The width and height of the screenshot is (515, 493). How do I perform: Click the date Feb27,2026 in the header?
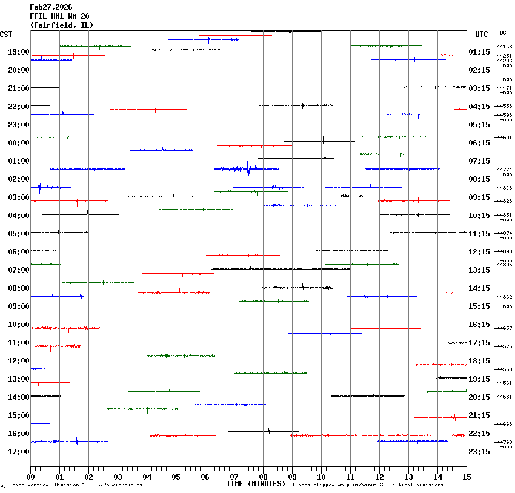(x=51, y=7)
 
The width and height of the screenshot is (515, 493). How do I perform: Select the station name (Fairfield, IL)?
(x=62, y=25)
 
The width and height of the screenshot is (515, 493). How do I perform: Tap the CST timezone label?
(x=7, y=35)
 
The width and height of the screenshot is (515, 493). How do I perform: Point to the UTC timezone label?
(x=482, y=35)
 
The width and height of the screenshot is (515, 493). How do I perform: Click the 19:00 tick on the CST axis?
(x=19, y=52)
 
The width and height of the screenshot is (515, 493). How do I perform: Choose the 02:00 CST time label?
(x=19, y=179)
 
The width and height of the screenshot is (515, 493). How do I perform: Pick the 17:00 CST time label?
(x=19, y=452)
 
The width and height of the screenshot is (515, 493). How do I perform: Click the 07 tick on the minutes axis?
(x=234, y=477)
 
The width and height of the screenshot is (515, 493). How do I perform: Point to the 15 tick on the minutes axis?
(x=466, y=477)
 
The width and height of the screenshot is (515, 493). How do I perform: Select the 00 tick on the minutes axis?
(x=31, y=477)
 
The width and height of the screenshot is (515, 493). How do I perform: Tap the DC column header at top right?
(x=503, y=33)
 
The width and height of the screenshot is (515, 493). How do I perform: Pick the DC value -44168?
(x=503, y=47)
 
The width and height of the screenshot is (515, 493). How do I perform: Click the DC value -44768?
(x=503, y=442)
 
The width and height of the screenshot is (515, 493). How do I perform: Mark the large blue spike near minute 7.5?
(x=248, y=169)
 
